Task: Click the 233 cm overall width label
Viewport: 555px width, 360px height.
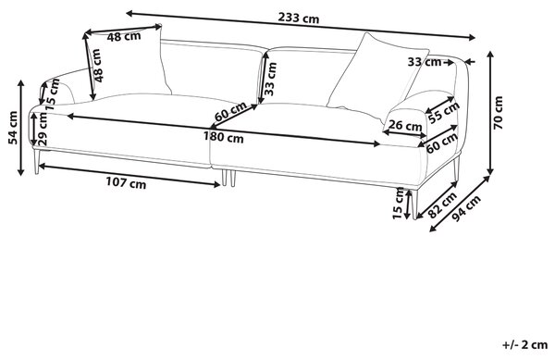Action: coord(299,18)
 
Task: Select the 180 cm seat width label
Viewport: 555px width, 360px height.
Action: coord(223,137)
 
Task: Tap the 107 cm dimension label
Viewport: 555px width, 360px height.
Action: coord(126,183)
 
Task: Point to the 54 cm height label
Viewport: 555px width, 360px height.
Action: coord(13,128)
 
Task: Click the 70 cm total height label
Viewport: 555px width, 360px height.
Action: coord(498,113)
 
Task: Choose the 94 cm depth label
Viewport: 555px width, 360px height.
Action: coord(467,208)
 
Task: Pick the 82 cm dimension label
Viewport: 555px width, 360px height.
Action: coord(442,205)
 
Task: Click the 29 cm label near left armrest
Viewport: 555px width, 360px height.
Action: coord(43,129)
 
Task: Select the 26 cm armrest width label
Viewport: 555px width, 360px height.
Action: coord(405,126)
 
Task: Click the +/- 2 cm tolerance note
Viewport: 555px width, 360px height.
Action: coord(524,344)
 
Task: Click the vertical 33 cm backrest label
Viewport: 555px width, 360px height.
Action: coord(270,79)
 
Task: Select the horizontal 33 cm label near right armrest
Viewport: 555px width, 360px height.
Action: coord(425,62)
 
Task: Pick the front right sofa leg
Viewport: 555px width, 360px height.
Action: coord(414,205)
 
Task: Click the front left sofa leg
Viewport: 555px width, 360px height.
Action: coord(36,161)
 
